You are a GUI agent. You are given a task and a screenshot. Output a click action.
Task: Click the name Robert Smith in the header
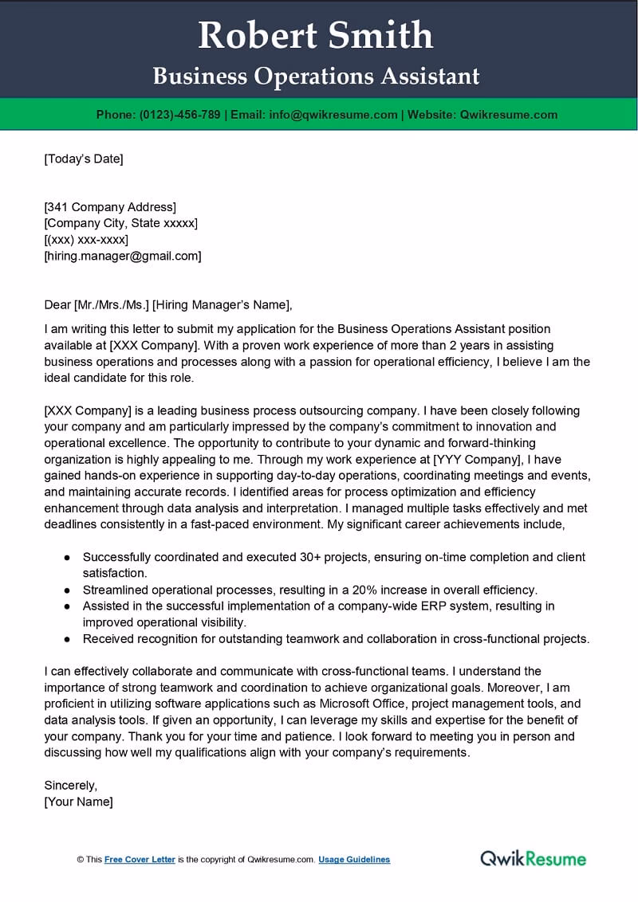click(316, 36)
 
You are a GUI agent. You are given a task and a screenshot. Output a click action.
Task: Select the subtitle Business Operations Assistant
click(316, 76)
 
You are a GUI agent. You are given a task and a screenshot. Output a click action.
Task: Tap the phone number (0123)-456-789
click(179, 115)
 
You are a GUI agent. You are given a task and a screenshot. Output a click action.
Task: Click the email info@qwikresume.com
click(333, 115)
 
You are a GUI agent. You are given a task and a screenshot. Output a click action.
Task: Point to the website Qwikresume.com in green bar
click(509, 115)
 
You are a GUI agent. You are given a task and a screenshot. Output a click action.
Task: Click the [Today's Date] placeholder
click(84, 159)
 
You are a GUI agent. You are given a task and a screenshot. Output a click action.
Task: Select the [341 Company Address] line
click(110, 207)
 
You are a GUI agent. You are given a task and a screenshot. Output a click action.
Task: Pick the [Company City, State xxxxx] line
click(120, 223)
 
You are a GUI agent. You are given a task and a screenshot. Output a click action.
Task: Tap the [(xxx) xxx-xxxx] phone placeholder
click(86, 240)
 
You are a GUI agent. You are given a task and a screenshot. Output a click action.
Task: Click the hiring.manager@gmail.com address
click(123, 256)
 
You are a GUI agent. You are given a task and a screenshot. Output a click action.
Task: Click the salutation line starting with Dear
click(168, 304)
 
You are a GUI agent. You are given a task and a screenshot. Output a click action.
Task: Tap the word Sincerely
click(70, 785)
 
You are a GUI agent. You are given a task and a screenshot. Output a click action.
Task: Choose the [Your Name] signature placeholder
click(78, 802)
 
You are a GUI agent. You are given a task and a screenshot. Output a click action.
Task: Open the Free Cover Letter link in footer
click(140, 860)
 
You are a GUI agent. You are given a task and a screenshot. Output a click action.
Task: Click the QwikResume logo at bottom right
click(533, 858)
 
